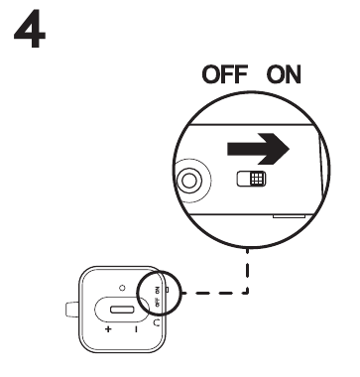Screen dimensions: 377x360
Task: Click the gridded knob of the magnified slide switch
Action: [256, 180]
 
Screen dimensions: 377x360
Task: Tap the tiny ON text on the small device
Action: [158, 291]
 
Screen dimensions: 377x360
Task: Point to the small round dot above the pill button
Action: [123, 288]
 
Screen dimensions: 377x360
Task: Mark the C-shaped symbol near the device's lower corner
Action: [159, 322]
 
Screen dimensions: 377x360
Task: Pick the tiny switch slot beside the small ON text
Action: [166, 291]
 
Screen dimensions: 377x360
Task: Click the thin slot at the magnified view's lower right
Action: [289, 212]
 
